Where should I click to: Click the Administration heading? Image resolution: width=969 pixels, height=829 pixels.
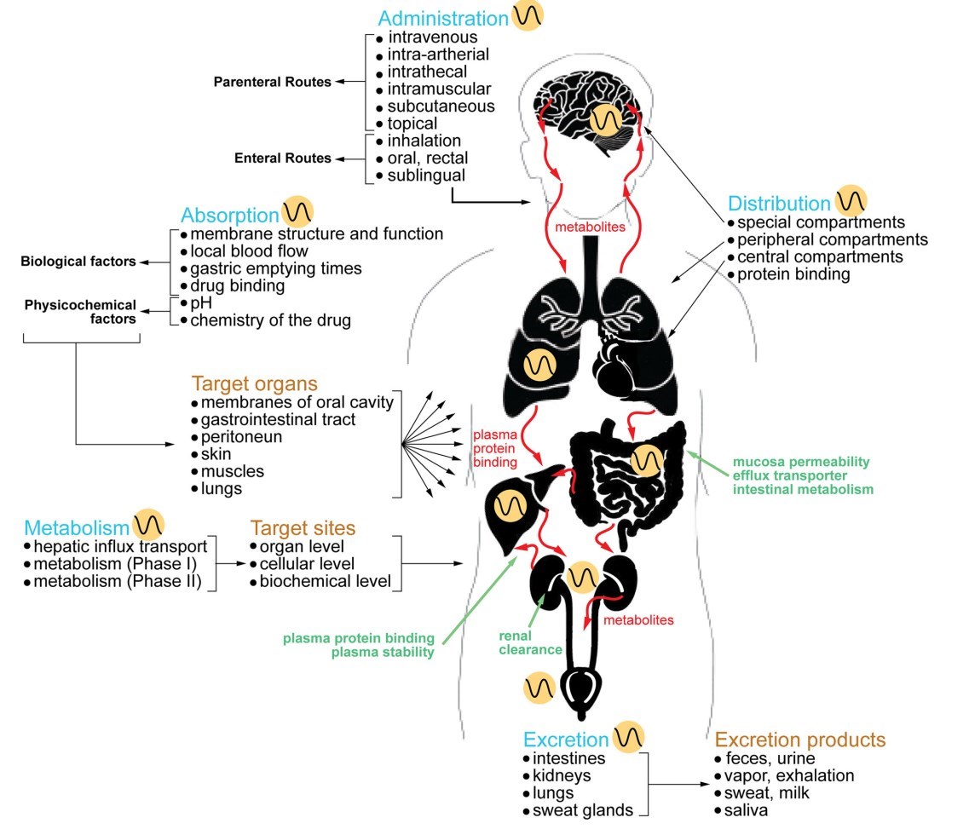pos(442,18)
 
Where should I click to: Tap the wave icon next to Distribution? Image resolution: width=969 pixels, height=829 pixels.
pos(851,201)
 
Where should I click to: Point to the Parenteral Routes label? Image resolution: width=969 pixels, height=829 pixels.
pos(272,82)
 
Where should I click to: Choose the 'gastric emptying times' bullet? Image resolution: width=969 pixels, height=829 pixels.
pos(276,268)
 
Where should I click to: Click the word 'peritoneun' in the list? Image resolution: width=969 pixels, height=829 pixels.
pos(241,437)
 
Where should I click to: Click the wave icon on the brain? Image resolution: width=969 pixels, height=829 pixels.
pos(606,120)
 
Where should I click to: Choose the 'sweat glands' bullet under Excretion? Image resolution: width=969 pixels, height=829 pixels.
pos(583,809)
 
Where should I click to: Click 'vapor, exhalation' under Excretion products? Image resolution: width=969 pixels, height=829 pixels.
pos(787,775)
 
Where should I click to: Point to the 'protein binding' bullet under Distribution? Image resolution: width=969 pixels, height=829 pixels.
pos(793,274)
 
